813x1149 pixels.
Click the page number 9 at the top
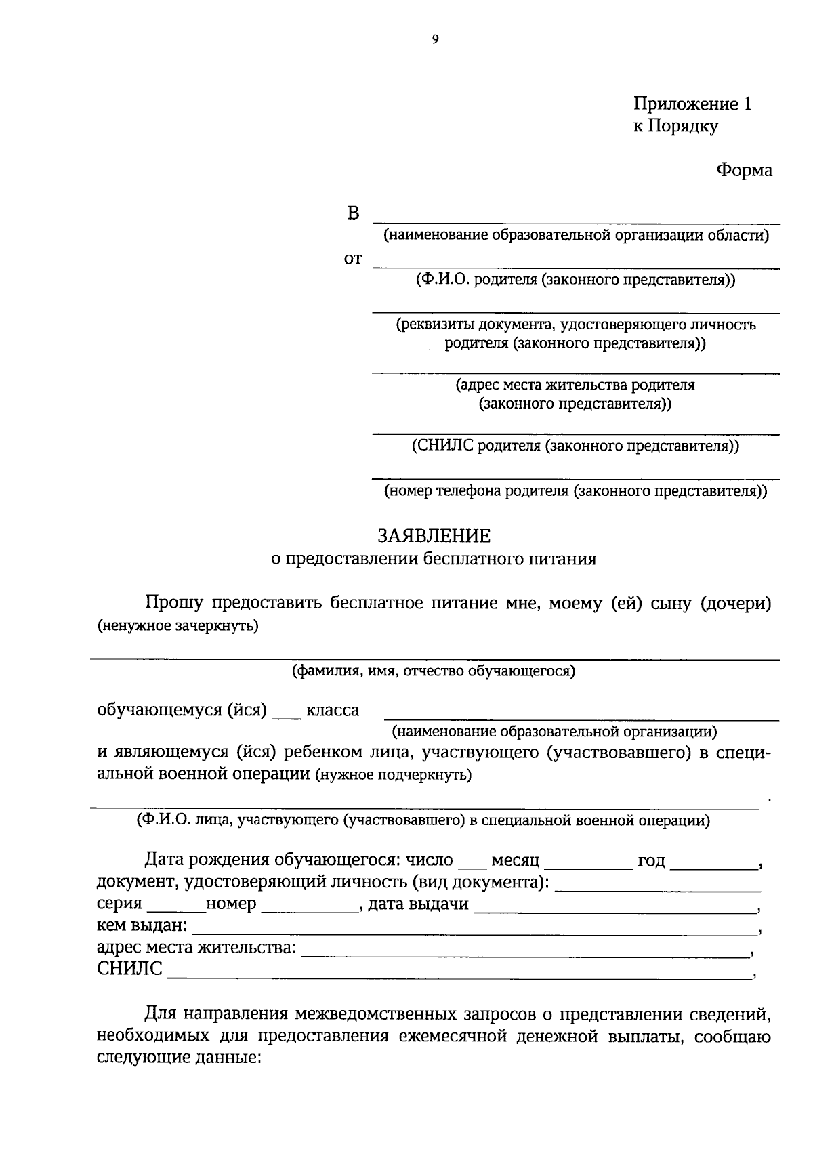coord(435,40)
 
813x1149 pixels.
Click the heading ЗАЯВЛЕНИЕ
coord(434,536)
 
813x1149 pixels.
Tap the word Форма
coord(744,170)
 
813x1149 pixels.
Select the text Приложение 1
coord(692,104)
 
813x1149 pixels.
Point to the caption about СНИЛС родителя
coord(575,446)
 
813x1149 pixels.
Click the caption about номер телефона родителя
coord(576,491)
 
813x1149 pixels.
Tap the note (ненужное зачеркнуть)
coord(178,625)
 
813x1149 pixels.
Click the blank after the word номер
coord(310,909)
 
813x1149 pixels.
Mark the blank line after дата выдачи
coord(615,909)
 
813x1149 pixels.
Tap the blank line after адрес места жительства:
coord(525,953)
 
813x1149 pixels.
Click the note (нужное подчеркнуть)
coord(394,775)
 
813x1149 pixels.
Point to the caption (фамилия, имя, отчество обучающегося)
coord(434,671)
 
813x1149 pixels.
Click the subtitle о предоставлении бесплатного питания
coord(434,559)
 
